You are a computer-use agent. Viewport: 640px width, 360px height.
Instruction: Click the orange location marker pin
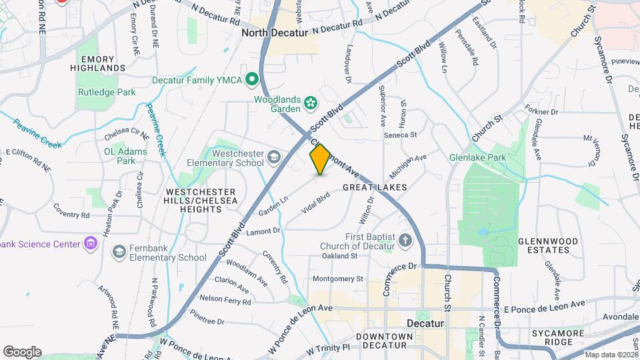pos(320,159)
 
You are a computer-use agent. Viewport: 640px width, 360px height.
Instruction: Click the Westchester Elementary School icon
pos(273,158)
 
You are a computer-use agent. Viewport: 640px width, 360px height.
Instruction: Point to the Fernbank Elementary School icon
pos(119,251)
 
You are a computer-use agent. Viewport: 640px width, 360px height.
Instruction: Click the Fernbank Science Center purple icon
pos(90,243)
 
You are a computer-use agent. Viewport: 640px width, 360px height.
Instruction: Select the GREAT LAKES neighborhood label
pos(374,188)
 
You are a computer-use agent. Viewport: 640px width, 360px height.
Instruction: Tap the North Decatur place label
pos(275,33)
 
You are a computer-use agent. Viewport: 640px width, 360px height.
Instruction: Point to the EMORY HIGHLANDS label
pos(102,63)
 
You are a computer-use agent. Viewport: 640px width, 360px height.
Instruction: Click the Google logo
pos(22,351)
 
